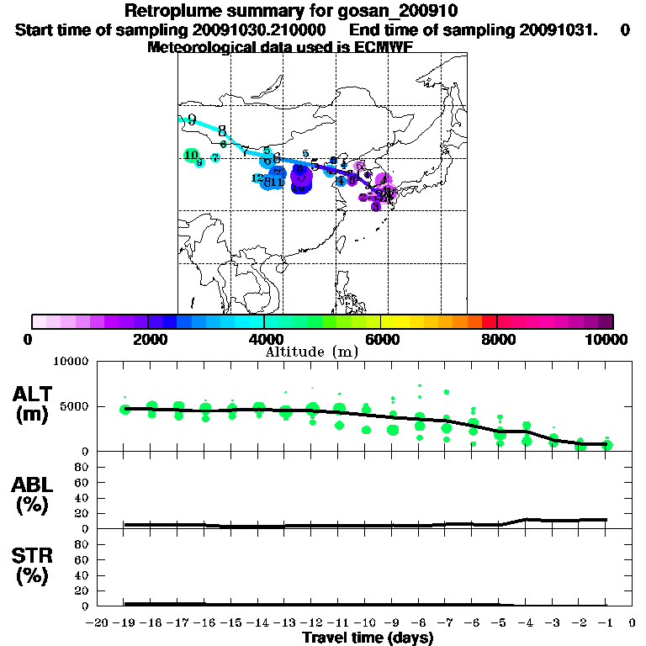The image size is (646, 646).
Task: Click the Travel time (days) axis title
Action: tap(368, 638)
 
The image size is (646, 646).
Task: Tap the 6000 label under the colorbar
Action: tap(381, 339)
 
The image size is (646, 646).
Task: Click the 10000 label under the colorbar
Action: tap(609, 339)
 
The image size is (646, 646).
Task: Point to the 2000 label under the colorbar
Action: tap(148, 339)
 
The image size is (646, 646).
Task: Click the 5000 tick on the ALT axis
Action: tap(73, 406)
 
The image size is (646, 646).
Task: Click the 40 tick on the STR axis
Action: tap(82, 575)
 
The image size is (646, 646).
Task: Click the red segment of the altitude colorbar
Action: tap(489, 321)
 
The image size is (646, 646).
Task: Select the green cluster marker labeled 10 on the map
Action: tap(191, 155)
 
